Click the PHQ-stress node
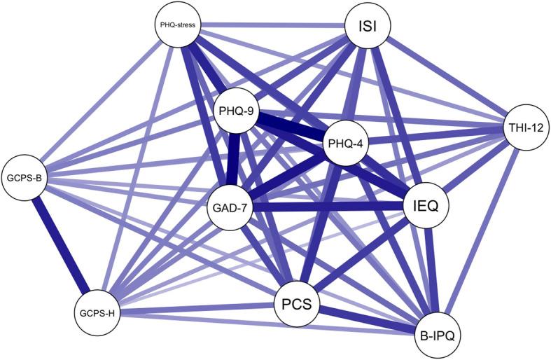coord(178,26)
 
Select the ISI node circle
coord(368,27)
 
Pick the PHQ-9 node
coord(236,111)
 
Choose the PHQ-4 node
coord(345,143)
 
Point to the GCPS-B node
coord(25,177)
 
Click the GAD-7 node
coord(230,208)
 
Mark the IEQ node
coord(426,205)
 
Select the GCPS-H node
coord(97,312)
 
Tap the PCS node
coord(298,303)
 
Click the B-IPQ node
coord(437,335)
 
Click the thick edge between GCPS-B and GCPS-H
coord(61,245)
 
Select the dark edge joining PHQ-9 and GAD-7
coord(233,160)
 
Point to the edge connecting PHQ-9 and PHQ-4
coord(291,127)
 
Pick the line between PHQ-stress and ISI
coord(272,26)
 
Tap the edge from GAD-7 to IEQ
coord(328,207)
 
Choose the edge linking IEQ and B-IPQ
coord(431,270)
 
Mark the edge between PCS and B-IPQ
coord(367,319)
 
